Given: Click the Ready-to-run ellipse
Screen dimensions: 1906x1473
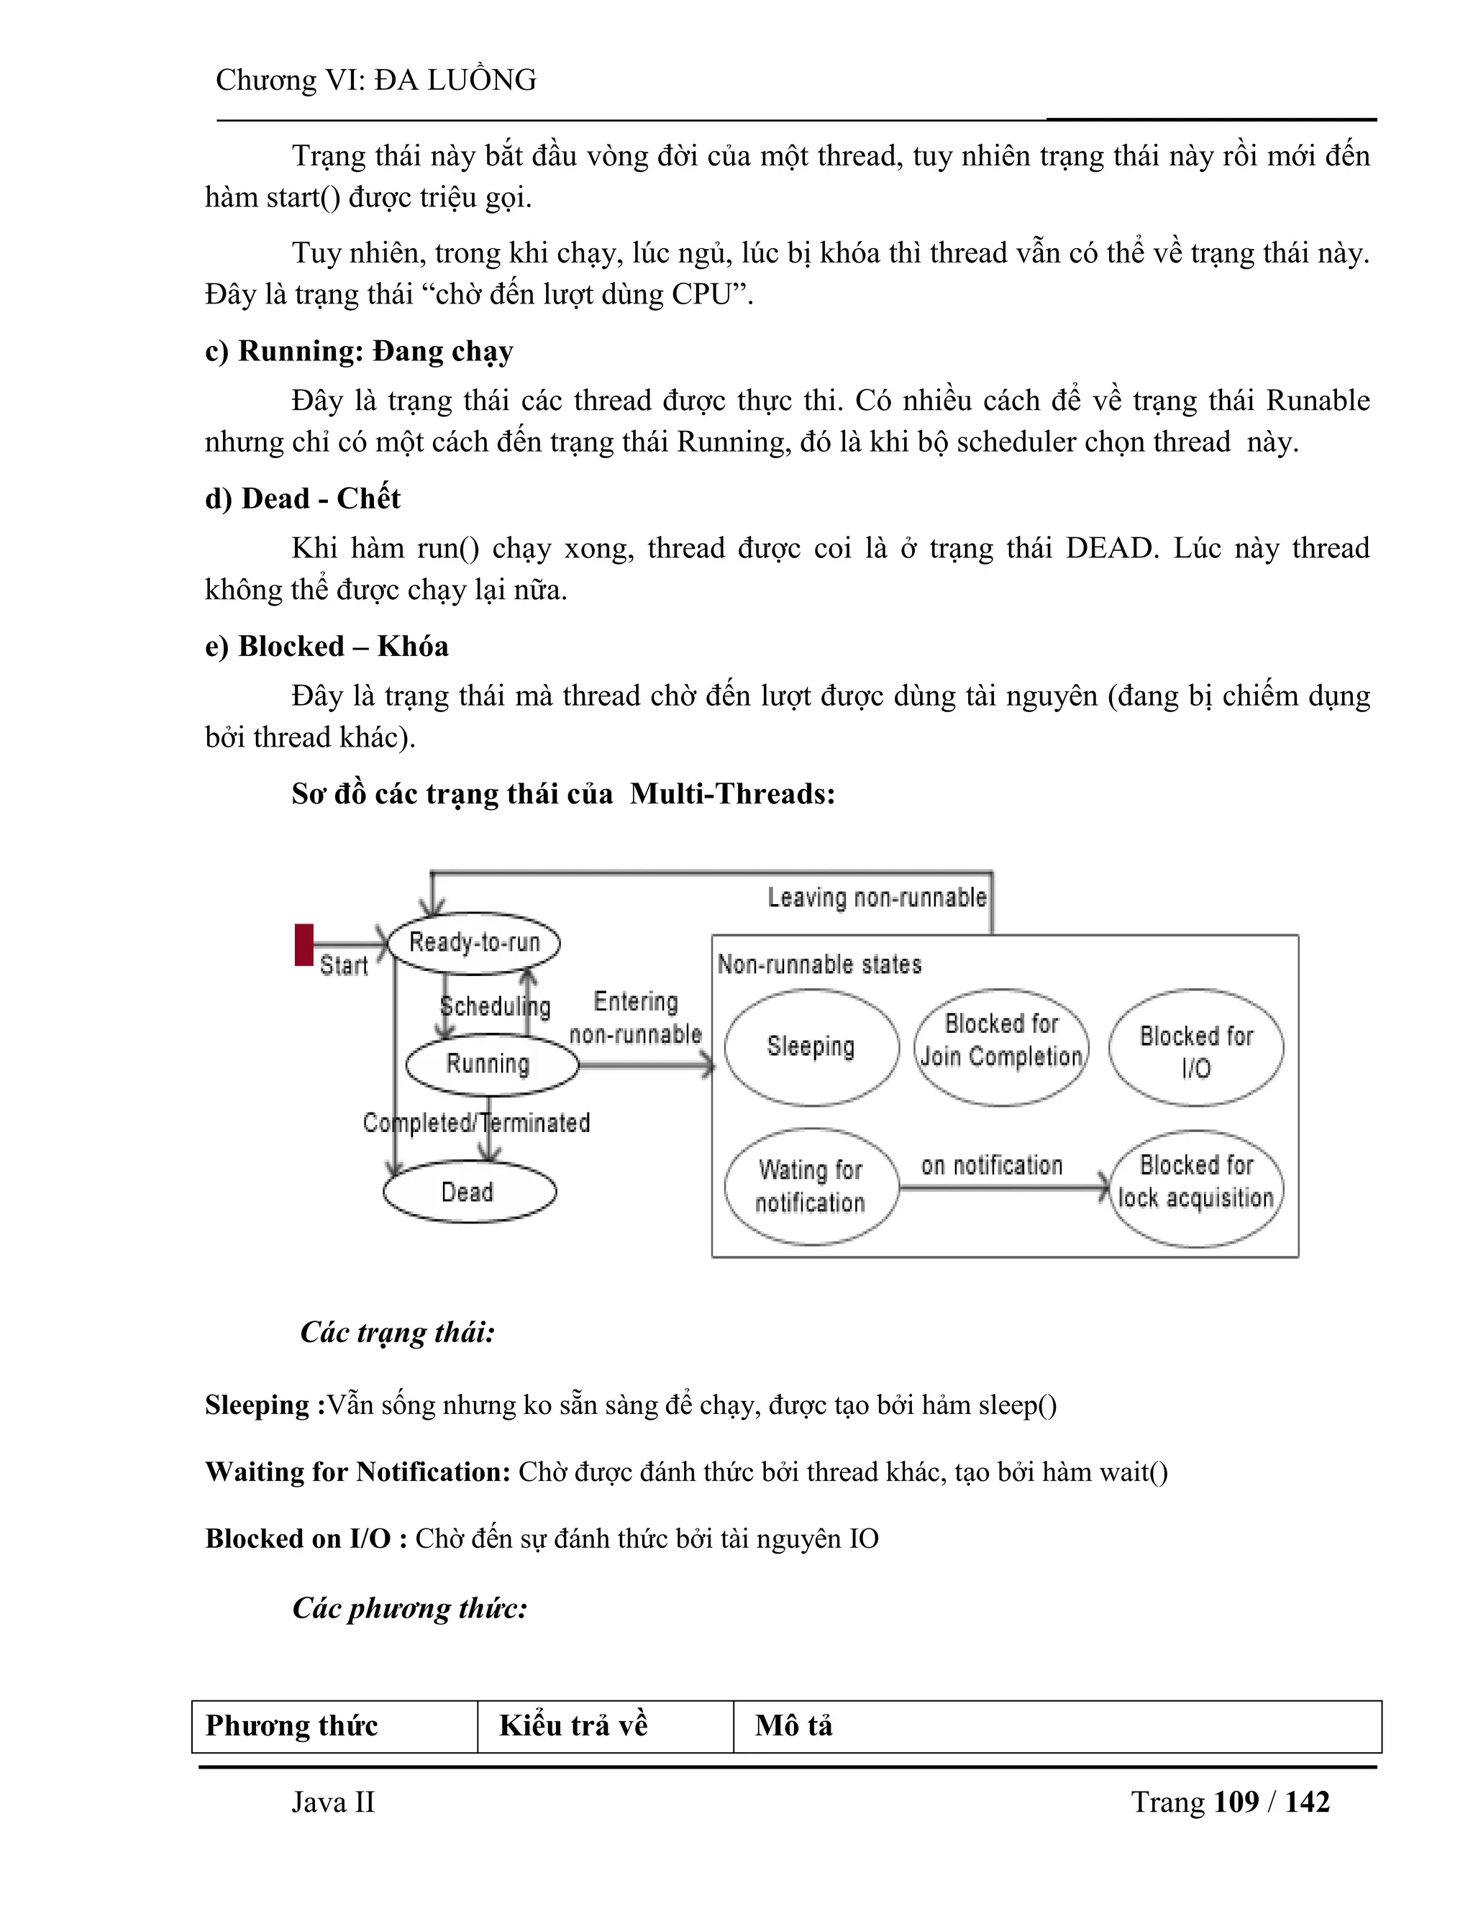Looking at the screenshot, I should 474,942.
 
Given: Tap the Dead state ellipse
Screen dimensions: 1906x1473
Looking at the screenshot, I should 470,1191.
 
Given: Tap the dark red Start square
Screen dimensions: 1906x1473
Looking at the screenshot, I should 304,944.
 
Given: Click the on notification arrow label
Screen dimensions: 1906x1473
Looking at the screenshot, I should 991,1165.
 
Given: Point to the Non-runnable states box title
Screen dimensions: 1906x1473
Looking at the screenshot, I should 819,965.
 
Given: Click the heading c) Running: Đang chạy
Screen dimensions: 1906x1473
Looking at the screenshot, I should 359,351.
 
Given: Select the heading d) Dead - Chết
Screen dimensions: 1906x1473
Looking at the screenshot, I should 302,498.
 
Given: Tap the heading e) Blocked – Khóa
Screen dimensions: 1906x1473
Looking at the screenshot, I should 327,646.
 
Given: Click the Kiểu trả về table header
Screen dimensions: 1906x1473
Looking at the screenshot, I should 573,1725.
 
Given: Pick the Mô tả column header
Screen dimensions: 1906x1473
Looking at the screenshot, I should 793,1725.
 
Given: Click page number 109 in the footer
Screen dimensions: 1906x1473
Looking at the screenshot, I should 1236,1802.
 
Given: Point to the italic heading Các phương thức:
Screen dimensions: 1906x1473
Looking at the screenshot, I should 410,1608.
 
